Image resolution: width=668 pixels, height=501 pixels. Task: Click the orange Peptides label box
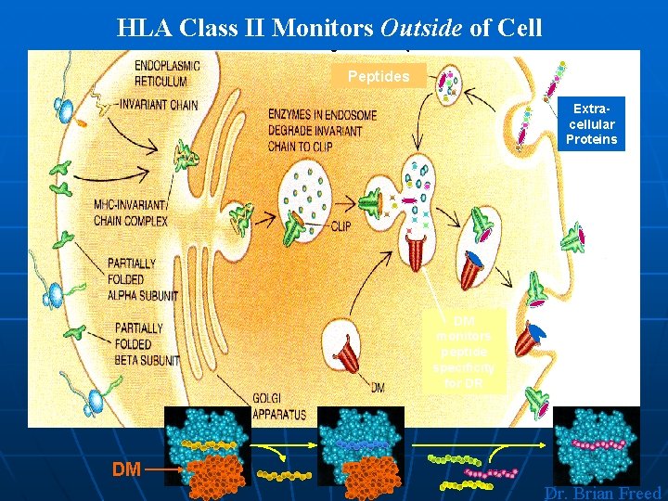pos(379,76)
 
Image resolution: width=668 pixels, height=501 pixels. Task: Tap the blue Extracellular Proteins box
pos(592,124)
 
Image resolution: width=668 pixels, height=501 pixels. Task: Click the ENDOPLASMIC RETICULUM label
pos(167,72)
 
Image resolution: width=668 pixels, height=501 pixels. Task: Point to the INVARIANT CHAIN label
pos(159,105)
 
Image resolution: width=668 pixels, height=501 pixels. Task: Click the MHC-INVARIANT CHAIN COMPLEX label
pos(131,213)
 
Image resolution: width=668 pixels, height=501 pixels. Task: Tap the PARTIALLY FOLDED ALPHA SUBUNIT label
pos(142,279)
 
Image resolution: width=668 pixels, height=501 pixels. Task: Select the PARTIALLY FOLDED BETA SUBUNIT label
pos(147,343)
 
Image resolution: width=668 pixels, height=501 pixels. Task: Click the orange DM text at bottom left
pos(126,470)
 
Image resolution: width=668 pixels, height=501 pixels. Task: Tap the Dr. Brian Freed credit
pos(602,494)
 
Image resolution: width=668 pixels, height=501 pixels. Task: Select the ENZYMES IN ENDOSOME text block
pos(322,130)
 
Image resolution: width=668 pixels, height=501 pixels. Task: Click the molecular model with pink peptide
pos(597,445)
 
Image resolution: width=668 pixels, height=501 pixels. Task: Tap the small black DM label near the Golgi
pos(377,387)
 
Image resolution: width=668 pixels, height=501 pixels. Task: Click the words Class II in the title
pos(225,28)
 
